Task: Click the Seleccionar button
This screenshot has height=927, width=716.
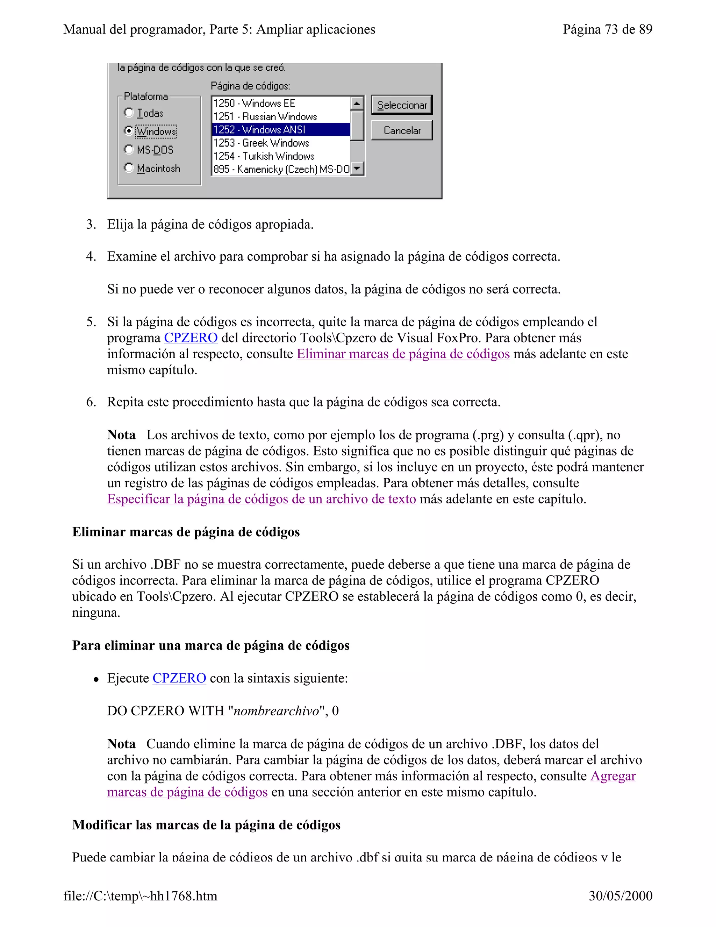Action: (401, 105)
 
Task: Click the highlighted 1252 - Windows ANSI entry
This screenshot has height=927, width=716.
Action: (281, 129)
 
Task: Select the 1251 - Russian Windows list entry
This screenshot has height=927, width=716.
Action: (281, 116)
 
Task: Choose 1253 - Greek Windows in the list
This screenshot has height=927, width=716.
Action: (281, 143)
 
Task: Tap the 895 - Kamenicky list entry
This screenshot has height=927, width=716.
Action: (281, 169)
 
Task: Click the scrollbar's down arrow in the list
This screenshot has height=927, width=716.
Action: (358, 169)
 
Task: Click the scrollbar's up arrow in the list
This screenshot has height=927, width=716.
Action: (358, 103)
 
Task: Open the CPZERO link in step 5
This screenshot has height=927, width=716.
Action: (191, 338)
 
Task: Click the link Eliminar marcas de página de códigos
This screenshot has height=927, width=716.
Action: (403, 354)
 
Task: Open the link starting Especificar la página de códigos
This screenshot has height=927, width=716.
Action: (261, 499)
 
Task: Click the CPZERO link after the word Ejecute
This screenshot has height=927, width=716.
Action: (179, 678)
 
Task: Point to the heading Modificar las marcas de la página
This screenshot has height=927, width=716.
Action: (206, 825)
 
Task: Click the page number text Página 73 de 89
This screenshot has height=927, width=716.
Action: (607, 29)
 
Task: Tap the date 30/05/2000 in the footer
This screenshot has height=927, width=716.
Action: (620, 896)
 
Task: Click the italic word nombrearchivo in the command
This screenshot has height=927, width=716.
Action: (276, 711)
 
